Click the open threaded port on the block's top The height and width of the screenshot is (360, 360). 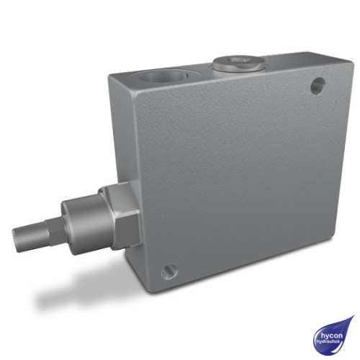tap(165, 75)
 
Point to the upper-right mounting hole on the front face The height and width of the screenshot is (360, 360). tap(315, 87)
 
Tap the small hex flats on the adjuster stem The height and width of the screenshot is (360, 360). tap(50, 233)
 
